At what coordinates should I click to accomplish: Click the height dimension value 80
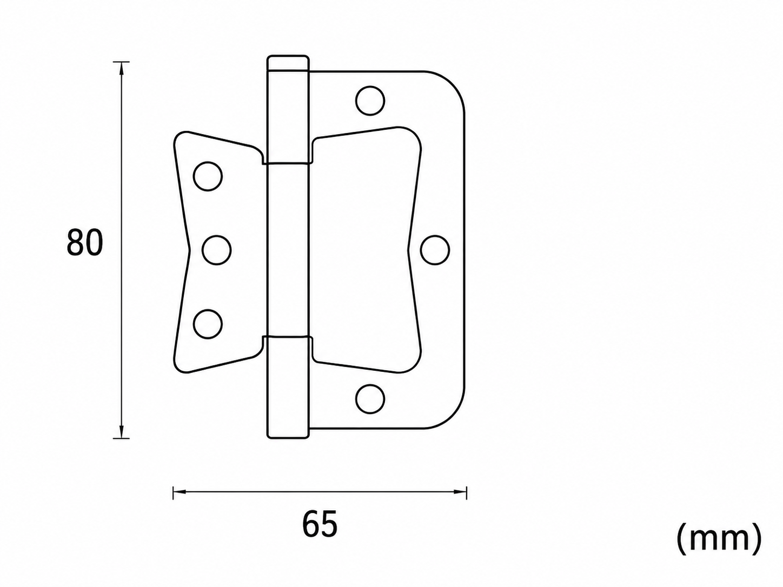[84, 242]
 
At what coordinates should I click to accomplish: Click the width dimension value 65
[320, 525]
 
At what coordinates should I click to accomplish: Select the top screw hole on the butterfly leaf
[208, 176]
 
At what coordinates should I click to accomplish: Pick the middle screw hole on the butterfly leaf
[216, 250]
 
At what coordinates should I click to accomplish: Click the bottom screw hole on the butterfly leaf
[208, 324]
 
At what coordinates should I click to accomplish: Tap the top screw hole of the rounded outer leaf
[370, 101]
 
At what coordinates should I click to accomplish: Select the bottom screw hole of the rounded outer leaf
[370, 399]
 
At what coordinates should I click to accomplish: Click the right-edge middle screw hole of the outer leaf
[435, 250]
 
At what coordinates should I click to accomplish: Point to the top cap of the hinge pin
[288, 63]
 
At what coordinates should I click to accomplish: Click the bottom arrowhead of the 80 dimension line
[122, 431]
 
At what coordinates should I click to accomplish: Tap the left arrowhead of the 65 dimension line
[180, 492]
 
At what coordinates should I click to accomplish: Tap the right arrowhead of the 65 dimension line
[460, 492]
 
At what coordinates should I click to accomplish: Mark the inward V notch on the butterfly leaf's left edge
[190, 250]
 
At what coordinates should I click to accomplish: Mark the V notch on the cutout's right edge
[408, 250]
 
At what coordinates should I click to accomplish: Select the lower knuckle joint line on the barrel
[288, 336]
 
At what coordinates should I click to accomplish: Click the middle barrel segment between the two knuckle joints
[288, 250]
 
